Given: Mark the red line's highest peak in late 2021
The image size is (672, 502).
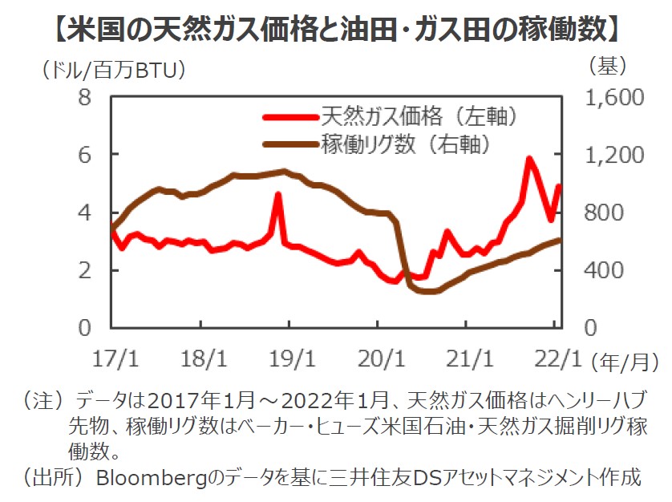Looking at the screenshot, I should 529,159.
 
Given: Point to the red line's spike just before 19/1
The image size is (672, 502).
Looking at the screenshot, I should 277,195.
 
